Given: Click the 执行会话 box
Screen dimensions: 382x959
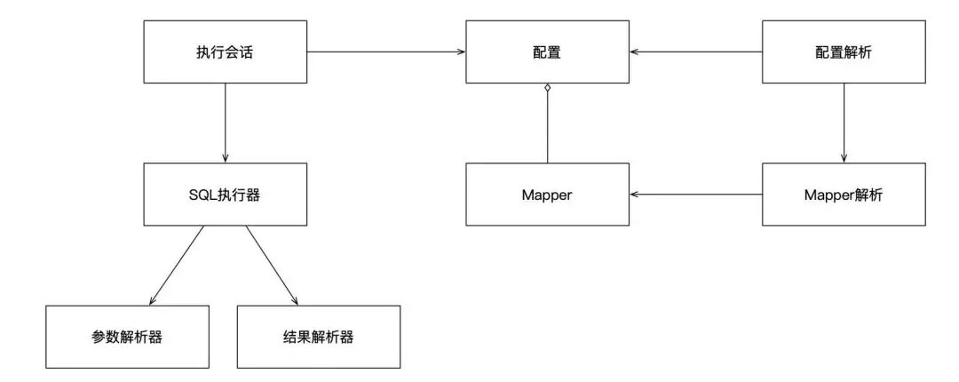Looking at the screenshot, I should [225, 52].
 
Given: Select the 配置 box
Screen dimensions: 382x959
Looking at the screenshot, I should [547, 52].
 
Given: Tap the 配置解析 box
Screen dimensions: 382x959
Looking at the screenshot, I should [843, 52].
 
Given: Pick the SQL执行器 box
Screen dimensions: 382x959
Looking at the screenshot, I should [225, 194].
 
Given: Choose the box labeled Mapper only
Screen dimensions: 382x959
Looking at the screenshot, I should [547, 194].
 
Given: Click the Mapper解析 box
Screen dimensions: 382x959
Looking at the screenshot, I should [843, 194].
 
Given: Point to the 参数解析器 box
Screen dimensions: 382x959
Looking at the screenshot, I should [128, 337].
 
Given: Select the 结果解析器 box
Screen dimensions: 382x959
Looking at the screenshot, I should [318, 337].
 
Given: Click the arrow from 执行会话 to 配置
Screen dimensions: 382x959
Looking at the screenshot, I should [386, 52].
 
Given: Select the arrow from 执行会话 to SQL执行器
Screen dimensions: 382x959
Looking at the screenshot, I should [225, 123].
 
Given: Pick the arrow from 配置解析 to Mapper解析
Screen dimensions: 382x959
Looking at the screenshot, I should [843, 123].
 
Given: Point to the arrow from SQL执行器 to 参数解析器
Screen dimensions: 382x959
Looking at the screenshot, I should [178, 264].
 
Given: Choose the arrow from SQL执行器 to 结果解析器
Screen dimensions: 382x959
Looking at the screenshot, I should [271, 264].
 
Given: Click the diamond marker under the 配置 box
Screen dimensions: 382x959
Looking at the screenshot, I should [547, 88].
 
